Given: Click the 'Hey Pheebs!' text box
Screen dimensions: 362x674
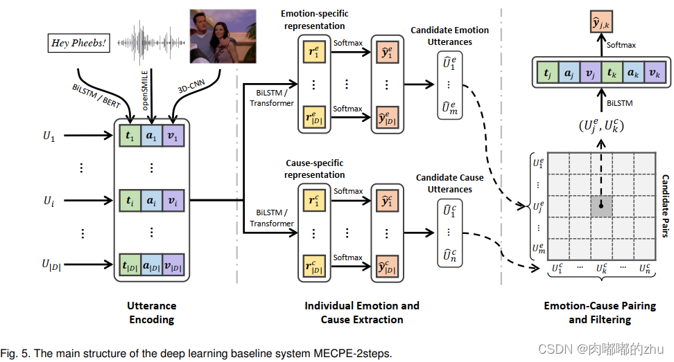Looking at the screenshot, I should tap(80, 43).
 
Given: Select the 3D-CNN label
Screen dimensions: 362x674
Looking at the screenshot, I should tap(193, 99).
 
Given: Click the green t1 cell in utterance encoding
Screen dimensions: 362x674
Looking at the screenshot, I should tap(130, 136).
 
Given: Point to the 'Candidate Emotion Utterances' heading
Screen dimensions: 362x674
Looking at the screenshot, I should tap(449, 36).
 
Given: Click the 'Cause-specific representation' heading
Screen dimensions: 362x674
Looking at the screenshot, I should tap(315, 169).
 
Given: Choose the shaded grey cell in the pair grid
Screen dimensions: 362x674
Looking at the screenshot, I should tap(602, 206).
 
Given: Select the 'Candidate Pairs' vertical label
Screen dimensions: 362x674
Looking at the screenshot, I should tap(664, 206).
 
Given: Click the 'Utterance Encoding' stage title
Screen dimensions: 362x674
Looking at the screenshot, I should tap(151, 312).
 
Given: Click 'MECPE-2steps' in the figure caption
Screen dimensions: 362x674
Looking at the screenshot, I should tap(355, 354).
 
